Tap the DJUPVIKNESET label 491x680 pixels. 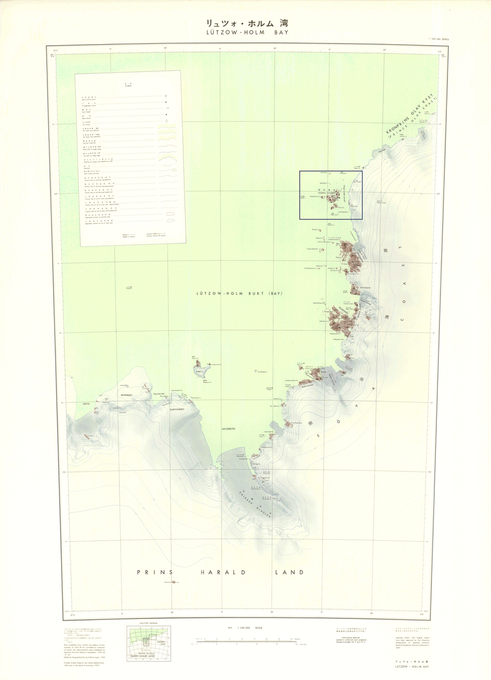tap(176, 410)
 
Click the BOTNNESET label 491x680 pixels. tap(129, 395)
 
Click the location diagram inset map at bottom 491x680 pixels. tap(148, 644)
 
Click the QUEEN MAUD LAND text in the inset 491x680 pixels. tap(148, 657)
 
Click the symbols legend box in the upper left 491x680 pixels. tap(131, 158)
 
